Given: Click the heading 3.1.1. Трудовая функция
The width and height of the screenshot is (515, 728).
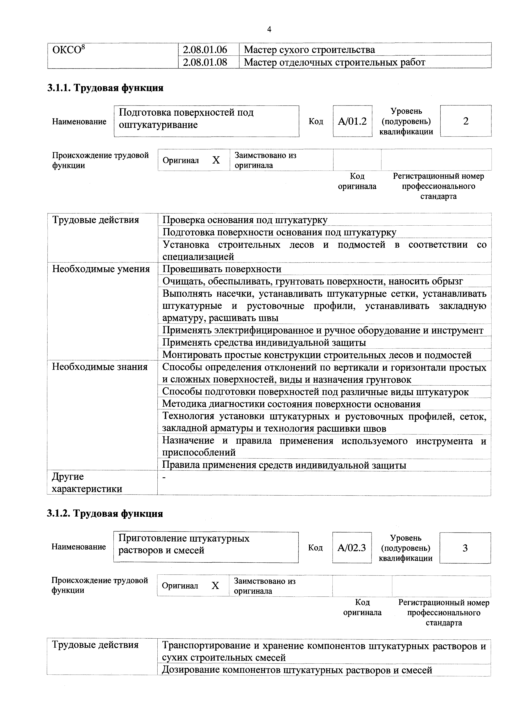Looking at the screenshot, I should click(105, 88).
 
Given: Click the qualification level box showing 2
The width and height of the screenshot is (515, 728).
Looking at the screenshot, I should click(466, 121).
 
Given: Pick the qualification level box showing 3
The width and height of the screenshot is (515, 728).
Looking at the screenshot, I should click(465, 548).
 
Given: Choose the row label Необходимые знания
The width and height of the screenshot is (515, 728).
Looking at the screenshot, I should click(100, 367).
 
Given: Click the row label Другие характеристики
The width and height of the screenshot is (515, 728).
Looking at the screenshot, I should click(87, 482).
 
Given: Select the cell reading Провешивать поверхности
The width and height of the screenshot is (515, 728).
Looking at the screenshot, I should click(222, 269).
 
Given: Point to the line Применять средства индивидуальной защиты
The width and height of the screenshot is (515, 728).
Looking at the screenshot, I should click(264, 342).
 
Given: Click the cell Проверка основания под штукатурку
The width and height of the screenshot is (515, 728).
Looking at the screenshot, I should click(245, 220).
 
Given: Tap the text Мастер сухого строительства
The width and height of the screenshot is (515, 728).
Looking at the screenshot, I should click(309, 49).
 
